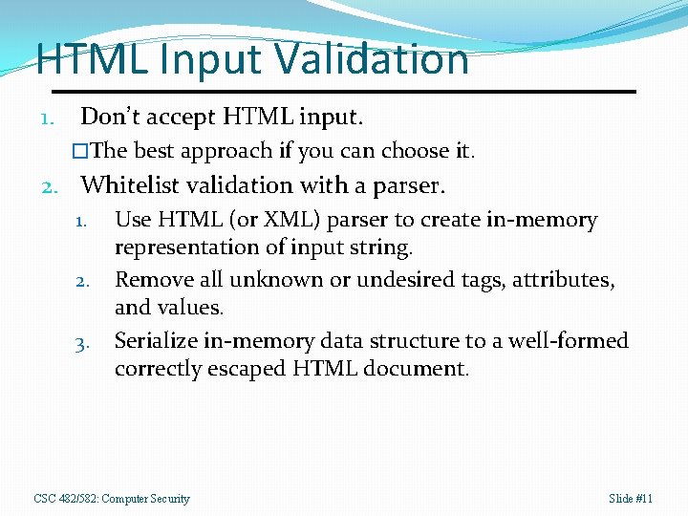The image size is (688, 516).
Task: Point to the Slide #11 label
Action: (631, 499)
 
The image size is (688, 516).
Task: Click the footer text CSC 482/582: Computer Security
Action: (112, 499)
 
